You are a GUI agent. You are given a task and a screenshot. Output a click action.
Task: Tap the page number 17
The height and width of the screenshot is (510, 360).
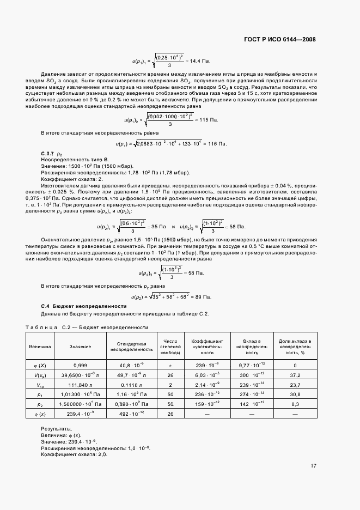pyautogui.click(x=313, y=466)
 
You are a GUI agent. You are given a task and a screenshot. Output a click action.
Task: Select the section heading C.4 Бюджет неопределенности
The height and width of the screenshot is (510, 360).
pyautogui.click(x=84, y=306)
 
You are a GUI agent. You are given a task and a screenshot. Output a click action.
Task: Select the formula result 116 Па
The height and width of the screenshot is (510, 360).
pyautogui.click(x=217, y=143)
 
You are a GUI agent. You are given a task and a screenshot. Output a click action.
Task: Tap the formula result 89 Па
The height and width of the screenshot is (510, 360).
pyautogui.click(x=202, y=296)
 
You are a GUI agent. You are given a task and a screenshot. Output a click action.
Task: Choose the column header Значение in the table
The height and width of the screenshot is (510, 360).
pyautogui.click(x=80, y=347)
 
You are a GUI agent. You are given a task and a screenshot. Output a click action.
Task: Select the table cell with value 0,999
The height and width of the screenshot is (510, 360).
pyautogui.click(x=80, y=366)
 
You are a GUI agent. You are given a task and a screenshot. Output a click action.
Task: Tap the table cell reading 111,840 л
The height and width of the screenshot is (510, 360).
pyautogui.click(x=80, y=384)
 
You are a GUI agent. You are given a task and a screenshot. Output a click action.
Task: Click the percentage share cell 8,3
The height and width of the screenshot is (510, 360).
pyautogui.click(x=295, y=404)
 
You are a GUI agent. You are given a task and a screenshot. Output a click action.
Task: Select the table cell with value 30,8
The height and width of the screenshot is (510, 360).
pyautogui.click(x=295, y=394)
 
